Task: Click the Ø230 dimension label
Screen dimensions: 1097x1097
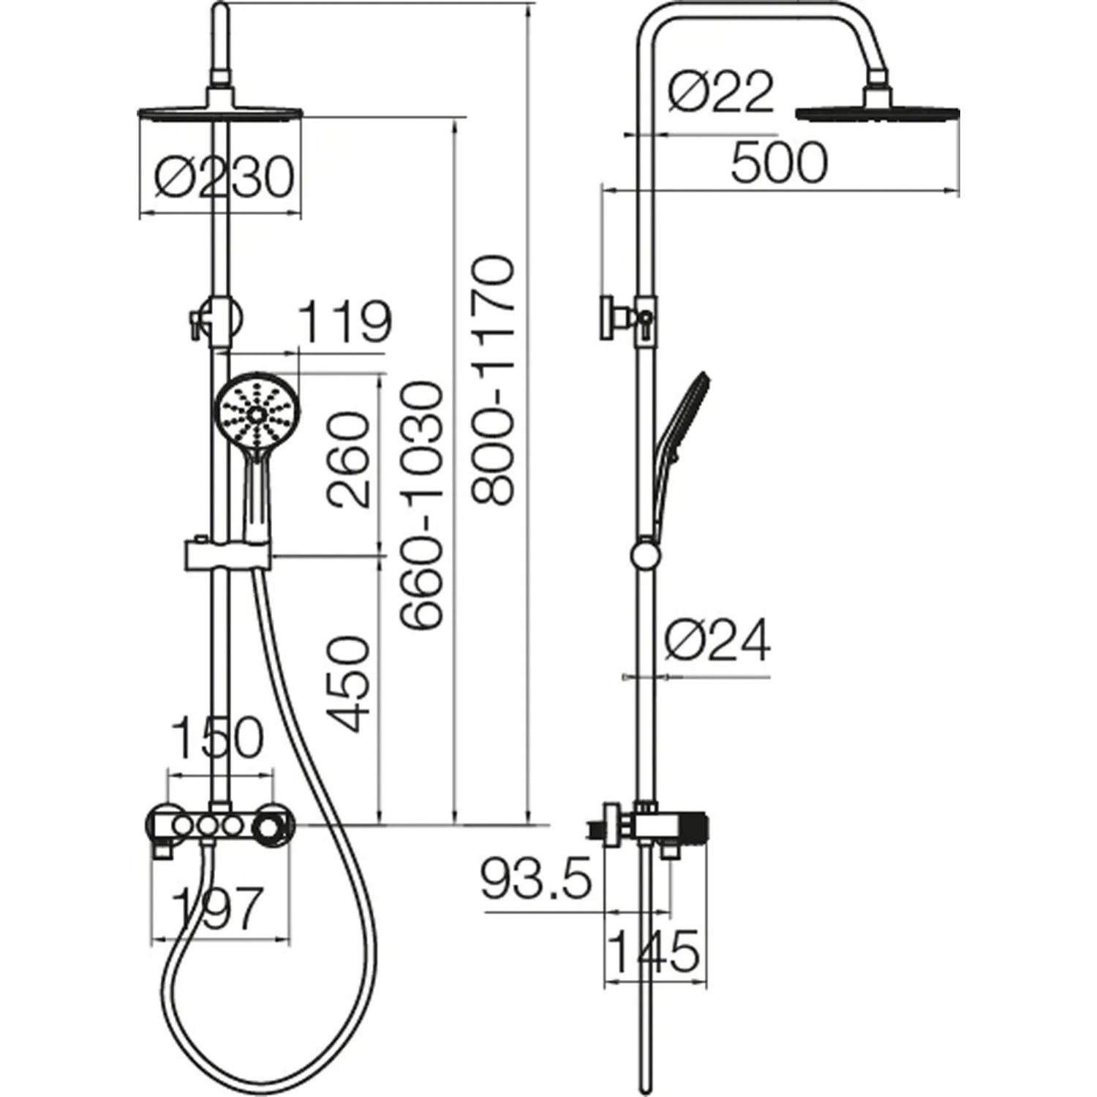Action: click(225, 176)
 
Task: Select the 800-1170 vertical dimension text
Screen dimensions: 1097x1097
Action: click(493, 380)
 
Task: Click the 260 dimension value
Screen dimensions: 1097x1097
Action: click(347, 460)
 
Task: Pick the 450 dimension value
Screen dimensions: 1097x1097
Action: click(347, 685)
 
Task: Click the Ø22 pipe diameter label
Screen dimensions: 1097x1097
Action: click(720, 92)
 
